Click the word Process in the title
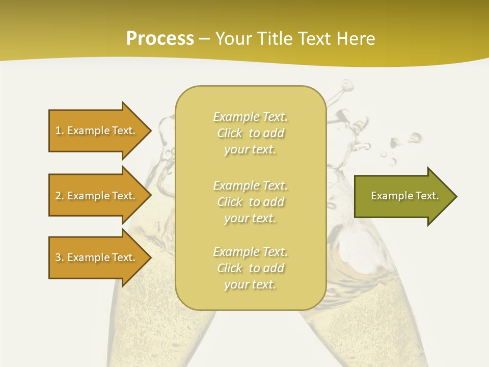point(160,39)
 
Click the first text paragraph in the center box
point(250,133)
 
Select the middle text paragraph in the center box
point(250,202)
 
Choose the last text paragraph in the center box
point(250,268)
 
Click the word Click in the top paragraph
point(230,134)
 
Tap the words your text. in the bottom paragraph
point(250,285)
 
